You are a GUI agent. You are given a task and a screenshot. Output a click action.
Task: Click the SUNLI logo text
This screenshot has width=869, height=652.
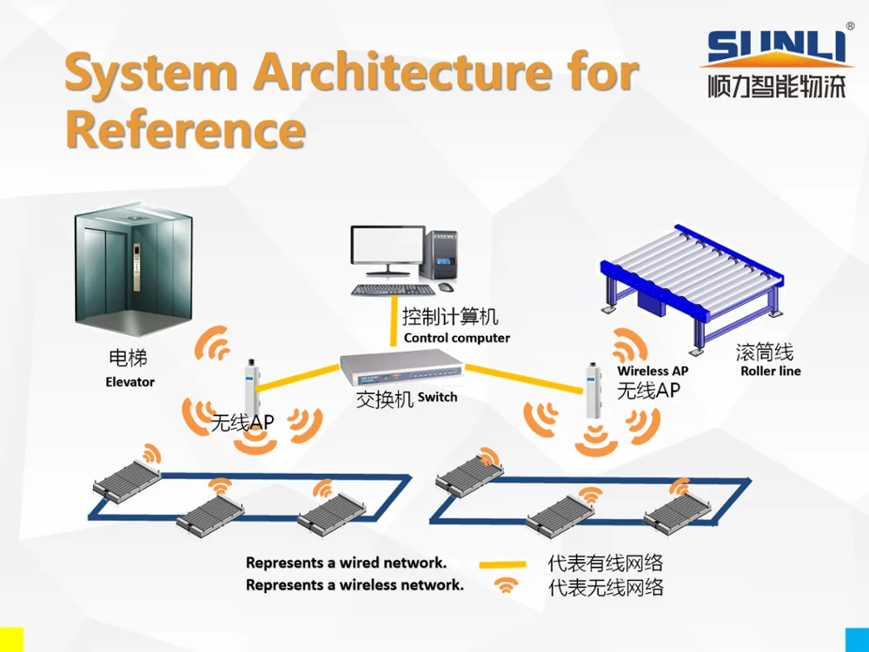click(776, 49)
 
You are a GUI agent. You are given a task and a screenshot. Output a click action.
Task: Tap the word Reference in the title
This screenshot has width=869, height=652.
click(185, 130)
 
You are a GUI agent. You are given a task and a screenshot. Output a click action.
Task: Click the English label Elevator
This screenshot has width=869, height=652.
click(129, 382)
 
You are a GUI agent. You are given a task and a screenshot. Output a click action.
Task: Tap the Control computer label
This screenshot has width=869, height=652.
click(457, 338)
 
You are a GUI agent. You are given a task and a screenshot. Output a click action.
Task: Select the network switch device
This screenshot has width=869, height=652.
click(401, 369)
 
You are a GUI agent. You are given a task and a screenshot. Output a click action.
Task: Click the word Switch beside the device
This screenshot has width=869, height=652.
click(437, 397)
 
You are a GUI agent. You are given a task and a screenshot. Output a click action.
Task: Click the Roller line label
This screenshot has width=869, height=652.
click(770, 371)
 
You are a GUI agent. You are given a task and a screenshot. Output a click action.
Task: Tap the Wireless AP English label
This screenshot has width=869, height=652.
click(653, 371)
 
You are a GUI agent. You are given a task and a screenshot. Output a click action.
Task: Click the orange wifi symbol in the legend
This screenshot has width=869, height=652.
click(504, 585)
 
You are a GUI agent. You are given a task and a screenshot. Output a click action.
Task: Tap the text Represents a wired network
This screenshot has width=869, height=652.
click(346, 563)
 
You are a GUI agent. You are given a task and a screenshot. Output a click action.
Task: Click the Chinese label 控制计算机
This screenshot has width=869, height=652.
click(450, 317)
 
